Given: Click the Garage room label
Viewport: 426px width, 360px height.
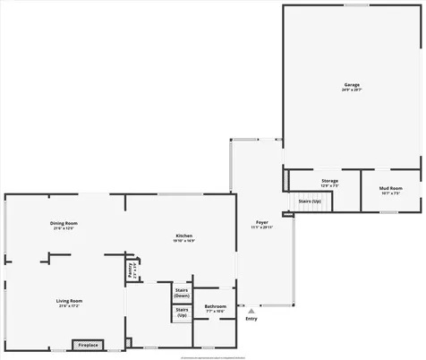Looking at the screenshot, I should click(x=351, y=85).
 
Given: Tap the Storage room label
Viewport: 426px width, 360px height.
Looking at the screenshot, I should click(x=330, y=182).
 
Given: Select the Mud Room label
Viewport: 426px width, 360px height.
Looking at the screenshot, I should click(x=391, y=188).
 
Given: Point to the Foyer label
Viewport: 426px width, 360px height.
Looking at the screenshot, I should click(x=262, y=222).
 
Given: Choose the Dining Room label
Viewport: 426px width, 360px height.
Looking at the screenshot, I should click(x=64, y=223).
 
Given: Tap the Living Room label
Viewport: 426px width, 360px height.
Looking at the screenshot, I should click(x=69, y=301).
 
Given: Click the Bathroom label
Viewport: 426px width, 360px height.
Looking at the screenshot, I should click(x=215, y=306).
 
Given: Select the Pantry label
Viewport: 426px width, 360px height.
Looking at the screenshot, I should click(x=131, y=270).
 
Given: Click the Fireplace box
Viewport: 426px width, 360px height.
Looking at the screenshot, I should click(x=88, y=345).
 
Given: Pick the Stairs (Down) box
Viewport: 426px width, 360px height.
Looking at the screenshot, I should click(x=182, y=293).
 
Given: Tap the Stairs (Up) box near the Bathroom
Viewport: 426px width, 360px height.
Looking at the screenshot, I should click(x=182, y=313).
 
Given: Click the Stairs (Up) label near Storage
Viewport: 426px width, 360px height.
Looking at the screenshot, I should click(x=310, y=201).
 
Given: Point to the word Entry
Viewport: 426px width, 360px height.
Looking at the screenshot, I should click(x=251, y=319).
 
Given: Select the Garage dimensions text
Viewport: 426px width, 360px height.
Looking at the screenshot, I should click(x=351, y=90).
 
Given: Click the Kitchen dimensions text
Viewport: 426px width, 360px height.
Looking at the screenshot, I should click(x=184, y=241).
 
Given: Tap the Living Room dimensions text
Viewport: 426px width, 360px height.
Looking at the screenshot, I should click(x=69, y=306).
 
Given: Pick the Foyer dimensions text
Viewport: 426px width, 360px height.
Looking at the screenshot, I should click(x=262, y=227).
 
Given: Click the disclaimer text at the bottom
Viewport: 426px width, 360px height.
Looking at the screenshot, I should click(x=213, y=356).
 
